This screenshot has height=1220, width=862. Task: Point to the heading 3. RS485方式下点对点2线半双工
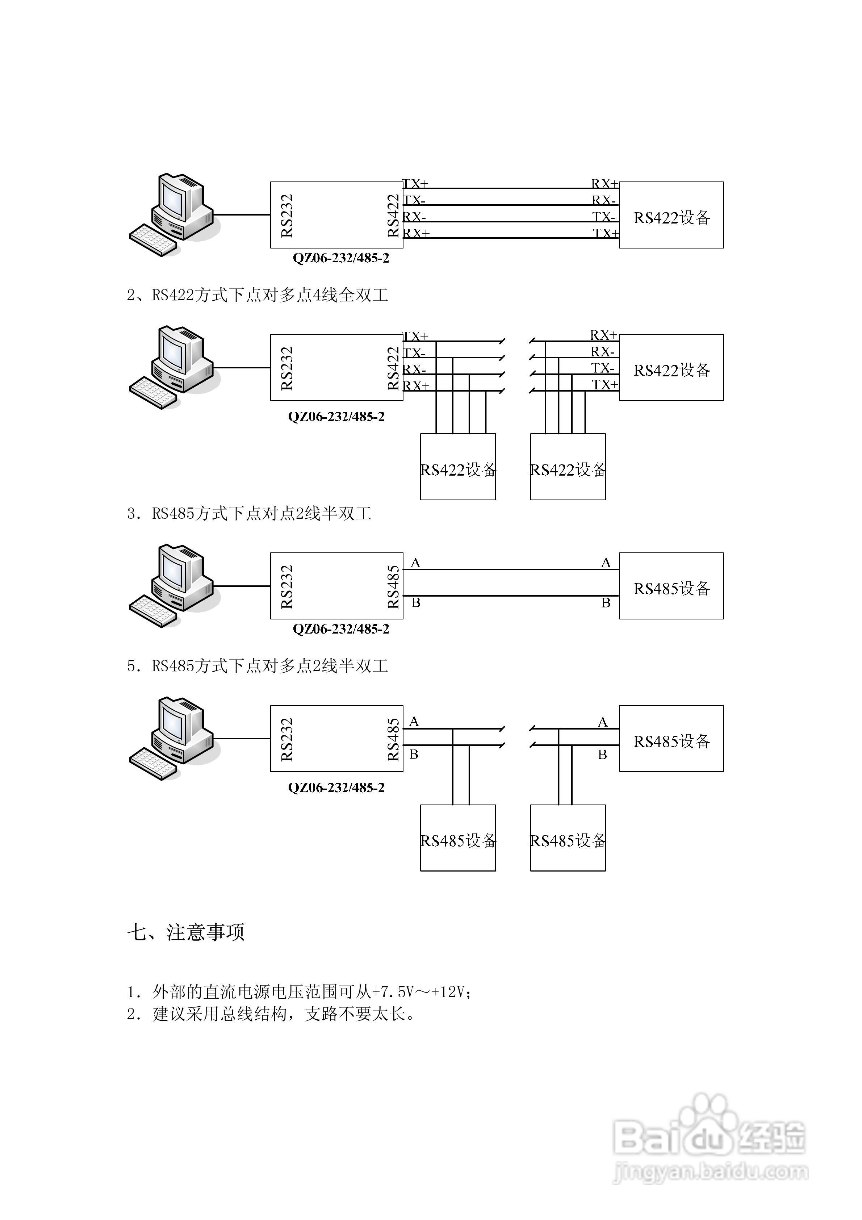coord(249,514)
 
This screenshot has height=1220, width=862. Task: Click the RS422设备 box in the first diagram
coord(671,215)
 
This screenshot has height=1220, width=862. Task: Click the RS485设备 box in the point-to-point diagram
coord(671,586)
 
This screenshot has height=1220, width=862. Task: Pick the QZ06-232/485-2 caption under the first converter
coord(341,258)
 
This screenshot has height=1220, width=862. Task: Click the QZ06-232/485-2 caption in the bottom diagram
coord(336,788)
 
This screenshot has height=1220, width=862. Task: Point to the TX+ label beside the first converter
coord(415,184)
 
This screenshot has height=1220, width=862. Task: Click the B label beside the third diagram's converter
coord(416,602)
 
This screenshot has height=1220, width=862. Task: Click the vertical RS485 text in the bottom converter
coord(393,739)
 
